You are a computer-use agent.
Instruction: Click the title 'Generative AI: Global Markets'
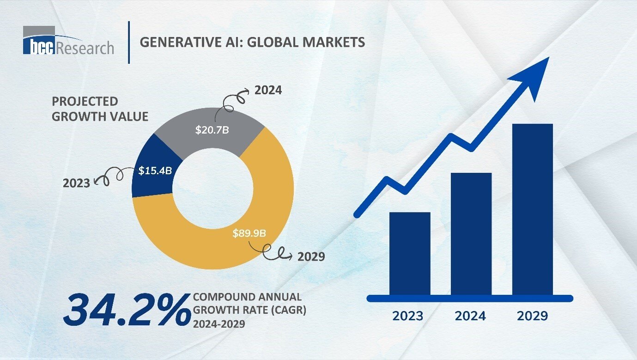point(252,43)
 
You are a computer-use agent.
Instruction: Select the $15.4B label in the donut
point(155,171)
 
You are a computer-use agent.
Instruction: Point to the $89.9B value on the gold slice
point(249,232)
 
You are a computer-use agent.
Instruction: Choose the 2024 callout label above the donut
point(268,90)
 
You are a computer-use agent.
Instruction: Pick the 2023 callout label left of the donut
point(76,183)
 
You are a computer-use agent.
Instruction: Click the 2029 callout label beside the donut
point(311,256)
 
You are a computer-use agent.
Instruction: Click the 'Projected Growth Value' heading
point(100,109)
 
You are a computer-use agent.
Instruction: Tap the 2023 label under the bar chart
point(408,316)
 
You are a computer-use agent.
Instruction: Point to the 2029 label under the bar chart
point(532,316)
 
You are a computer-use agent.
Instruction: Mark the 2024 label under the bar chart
point(470,316)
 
